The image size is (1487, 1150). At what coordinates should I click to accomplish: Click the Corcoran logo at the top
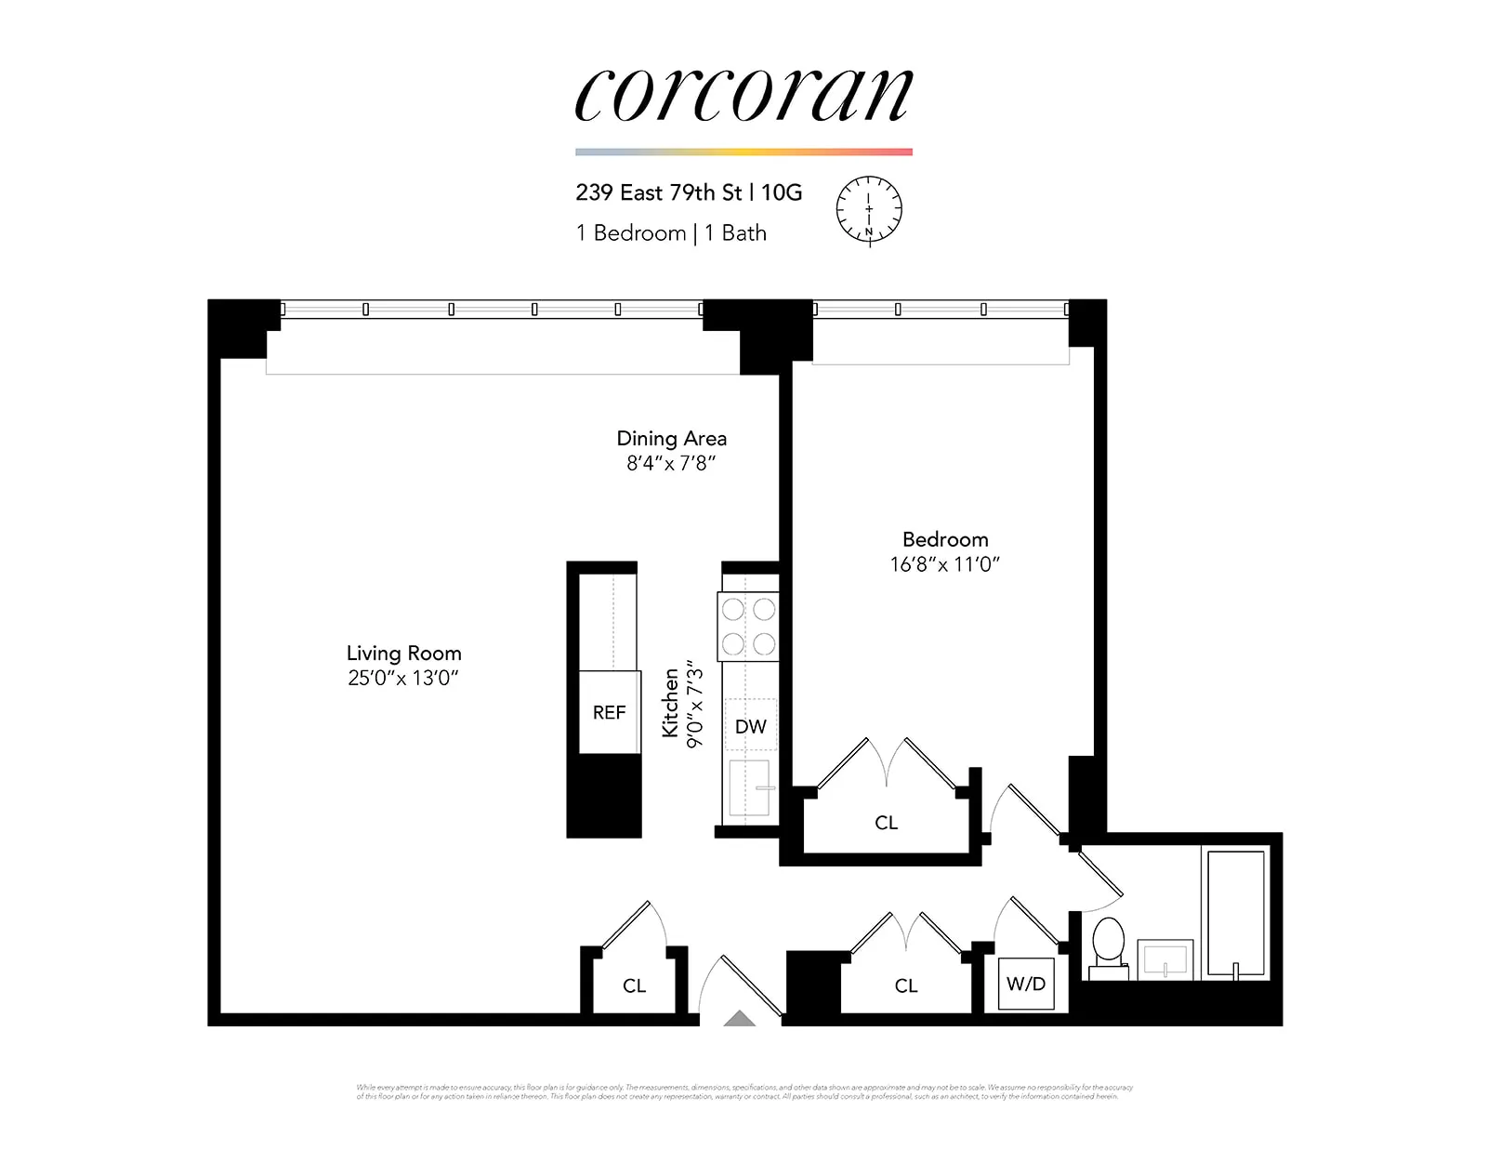pyautogui.click(x=743, y=95)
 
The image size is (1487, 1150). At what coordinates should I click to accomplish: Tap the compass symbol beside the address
pyautogui.click(x=869, y=210)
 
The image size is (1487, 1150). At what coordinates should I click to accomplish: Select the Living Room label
pyautogui.click(x=403, y=654)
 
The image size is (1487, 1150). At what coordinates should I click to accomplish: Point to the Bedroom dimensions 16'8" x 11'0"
pyautogui.click(x=944, y=564)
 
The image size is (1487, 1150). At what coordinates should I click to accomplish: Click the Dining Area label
pyautogui.click(x=671, y=439)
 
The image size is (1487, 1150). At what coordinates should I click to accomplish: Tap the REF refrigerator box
pyautogui.click(x=609, y=712)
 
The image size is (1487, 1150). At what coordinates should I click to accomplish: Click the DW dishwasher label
pyautogui.click(x=750, y=727)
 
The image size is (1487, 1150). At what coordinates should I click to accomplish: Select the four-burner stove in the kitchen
pyautogui.click(x=748, y=627)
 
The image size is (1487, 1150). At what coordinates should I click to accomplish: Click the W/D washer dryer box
pyautogui.click(x=1026, y=984)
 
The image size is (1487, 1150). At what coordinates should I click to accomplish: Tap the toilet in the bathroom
pyautogui.click(x=1108, y=946)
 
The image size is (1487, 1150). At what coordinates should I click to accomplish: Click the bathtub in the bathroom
pyautogui.click(x=1234, y=913)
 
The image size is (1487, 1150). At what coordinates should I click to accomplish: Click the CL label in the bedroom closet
pyautogui.click(x=886, y=823)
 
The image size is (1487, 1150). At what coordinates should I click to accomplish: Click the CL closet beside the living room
pyautogui.click(x=634, y=986)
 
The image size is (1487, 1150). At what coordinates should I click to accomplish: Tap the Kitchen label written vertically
pyautogui.click(x=670, y=703)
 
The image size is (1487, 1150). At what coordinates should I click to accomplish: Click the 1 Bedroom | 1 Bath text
pyautogui.click(x=671, y=233)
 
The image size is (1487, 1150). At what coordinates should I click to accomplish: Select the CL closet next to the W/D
pyautogui.click(x=906, y=986)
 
